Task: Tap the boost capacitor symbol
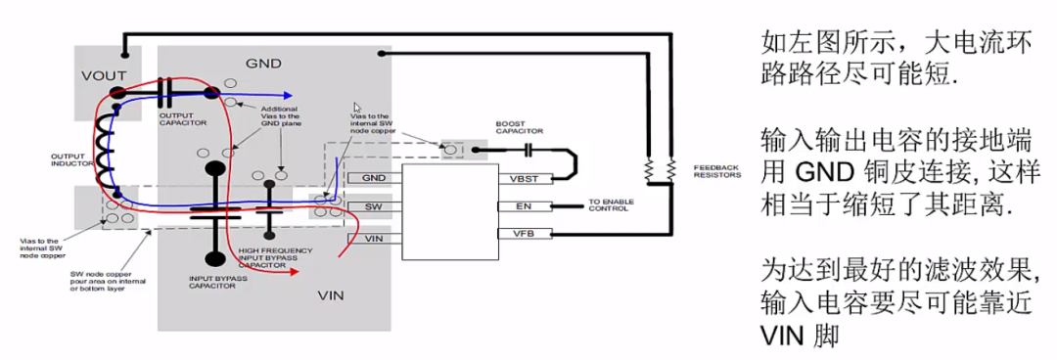pos(529,150)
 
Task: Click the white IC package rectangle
pos(449,210)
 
